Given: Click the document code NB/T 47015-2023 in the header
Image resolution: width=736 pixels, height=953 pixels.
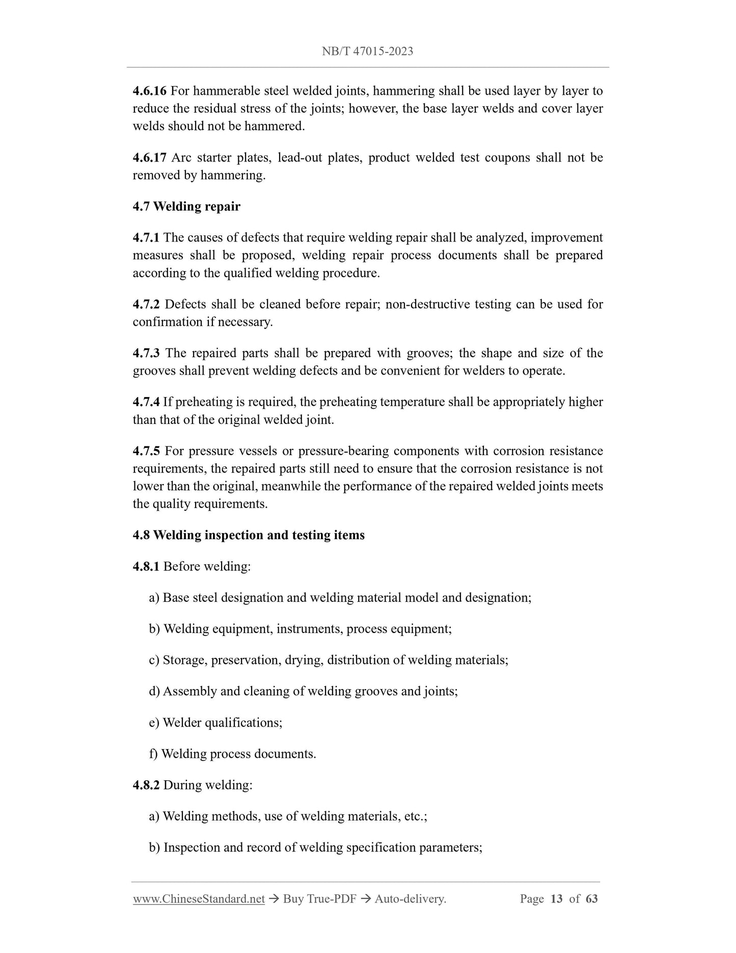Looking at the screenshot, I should tap(367, 51).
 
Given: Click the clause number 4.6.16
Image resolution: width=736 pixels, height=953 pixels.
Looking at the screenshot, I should tap(149, 91).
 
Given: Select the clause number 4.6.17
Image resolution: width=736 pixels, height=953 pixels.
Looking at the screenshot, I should tap(149, 157).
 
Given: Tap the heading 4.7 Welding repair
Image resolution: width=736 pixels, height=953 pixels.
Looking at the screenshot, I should tap(186, 206).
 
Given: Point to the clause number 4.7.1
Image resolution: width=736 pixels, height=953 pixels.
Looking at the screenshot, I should tap(146, 237).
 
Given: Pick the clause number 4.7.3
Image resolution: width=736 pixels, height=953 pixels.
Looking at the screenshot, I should tap(146, 353).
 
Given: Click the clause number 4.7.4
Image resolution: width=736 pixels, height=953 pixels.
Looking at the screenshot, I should tap(146, 402).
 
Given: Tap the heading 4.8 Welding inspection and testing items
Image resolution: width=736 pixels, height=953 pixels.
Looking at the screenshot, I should tap(249, 535).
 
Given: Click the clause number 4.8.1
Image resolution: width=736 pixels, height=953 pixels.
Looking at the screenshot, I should tap(146, 566).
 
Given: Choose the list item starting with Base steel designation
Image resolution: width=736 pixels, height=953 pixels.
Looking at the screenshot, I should tap(340, 598).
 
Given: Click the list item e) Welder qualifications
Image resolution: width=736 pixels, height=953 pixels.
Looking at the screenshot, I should tap(215, 723).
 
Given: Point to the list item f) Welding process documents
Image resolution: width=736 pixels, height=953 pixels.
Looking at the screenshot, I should tap(232, 754).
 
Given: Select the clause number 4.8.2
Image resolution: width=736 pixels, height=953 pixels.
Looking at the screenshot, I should tap(146, 785).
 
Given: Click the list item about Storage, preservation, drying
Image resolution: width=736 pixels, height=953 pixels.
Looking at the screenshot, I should tap(329, 660).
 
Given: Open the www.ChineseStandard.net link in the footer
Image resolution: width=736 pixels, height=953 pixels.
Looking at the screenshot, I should tap(199, 899).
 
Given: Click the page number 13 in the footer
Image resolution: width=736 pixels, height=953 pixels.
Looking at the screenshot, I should tap(556, 899).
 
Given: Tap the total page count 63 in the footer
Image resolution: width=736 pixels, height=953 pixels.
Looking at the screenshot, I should tap(591, 899).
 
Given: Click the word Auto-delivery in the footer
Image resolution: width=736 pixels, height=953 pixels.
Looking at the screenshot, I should tap(410, 899).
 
